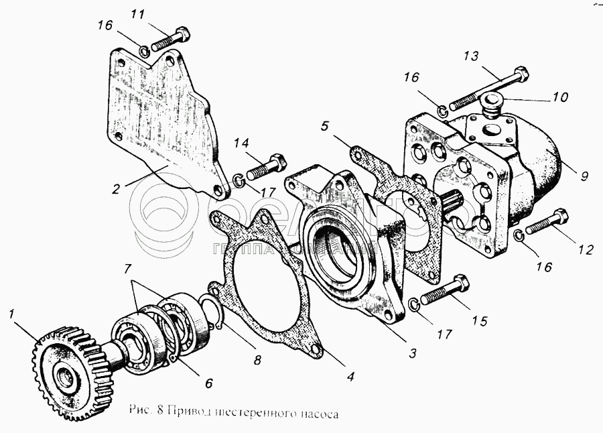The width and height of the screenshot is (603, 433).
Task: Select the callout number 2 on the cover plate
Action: click(x=116, y=189)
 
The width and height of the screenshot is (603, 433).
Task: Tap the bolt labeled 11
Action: click(x=171, y=40)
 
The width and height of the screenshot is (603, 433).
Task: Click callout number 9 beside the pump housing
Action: click(x=584, y=177)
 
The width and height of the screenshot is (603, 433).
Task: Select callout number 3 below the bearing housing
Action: click(x=413, y=353)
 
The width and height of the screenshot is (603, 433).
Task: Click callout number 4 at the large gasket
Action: click(x=350, y=376)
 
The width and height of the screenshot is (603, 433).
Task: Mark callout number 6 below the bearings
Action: click(x=208, y=383)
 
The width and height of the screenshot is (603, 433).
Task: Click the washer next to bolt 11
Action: click(x=144, y=49)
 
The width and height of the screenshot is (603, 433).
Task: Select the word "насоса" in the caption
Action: click(x=318, y=414)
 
